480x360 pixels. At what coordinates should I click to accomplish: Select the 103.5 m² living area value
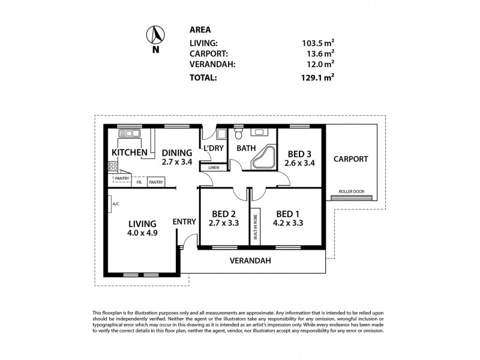[x=318, y=43]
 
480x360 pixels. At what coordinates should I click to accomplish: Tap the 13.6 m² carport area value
[x=320, y=53]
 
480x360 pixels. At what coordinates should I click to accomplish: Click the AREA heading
[x=200, y=29]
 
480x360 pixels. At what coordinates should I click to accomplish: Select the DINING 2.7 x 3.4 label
[x=176, y=157]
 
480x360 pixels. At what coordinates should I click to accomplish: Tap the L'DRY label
[x=214, y=148]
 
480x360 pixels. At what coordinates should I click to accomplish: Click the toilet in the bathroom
[x=239, y=133]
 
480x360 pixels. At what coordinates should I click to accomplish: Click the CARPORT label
[x=351, y=159]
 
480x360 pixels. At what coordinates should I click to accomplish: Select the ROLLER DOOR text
[x=351, y=191]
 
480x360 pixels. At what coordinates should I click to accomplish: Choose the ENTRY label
[x=184, y=221]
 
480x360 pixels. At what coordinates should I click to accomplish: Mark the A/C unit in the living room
[x=115, y=204]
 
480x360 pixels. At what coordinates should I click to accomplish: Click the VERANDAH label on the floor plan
[x=251, y=260]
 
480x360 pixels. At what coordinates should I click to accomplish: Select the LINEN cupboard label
[x=214, y=168]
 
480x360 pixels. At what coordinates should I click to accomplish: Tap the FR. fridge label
[x=139, y=182]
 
